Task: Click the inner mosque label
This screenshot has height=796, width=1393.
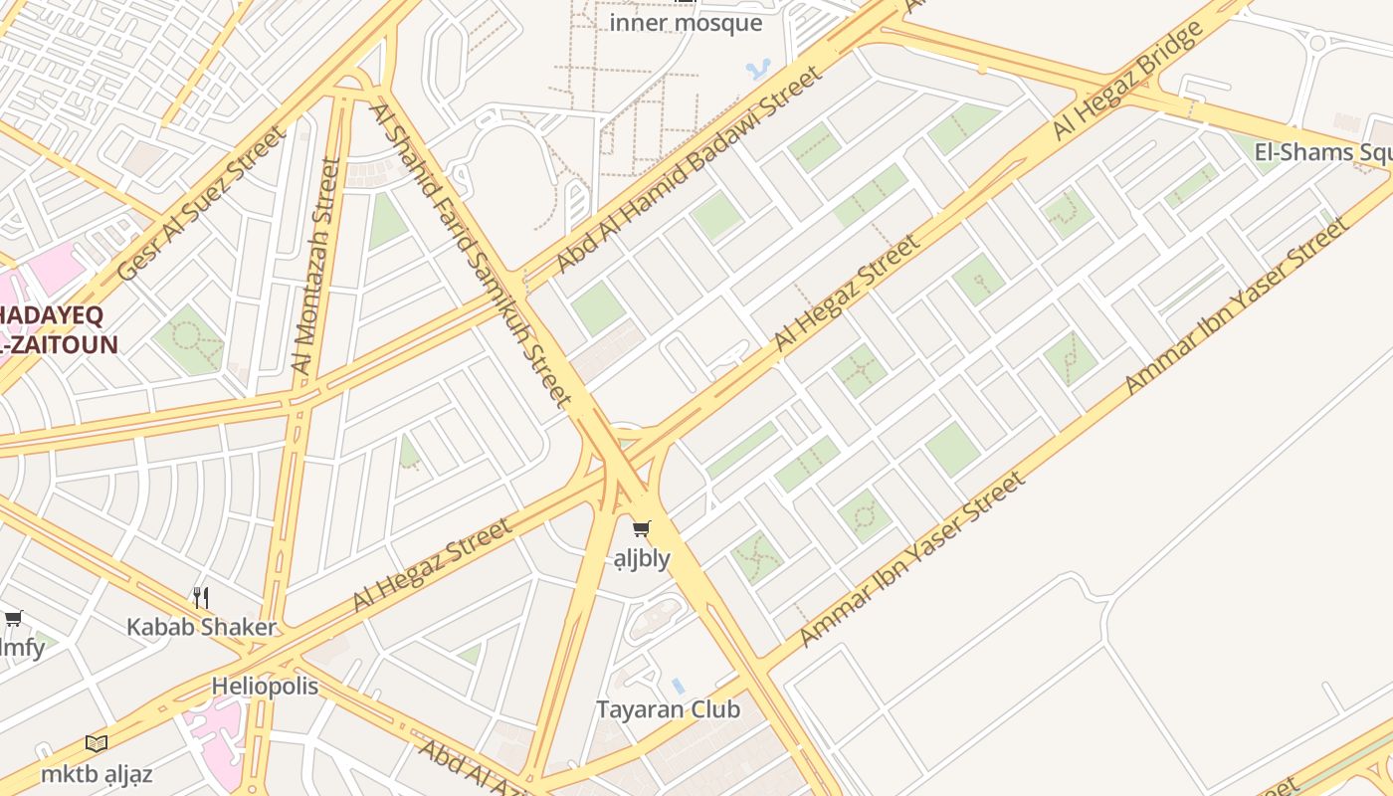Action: click(686, 23)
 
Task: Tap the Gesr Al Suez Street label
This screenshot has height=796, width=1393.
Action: click(201, 203)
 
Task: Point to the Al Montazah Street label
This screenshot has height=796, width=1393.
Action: click(316, 265)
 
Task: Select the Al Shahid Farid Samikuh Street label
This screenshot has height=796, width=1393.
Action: click(471, 254)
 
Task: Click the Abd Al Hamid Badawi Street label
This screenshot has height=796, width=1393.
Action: click(691, 169)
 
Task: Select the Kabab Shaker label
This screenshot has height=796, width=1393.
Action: click(201, 627)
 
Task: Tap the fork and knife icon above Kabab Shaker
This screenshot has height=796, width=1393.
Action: click(201, 597)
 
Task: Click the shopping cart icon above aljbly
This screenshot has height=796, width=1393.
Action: click(642, 529)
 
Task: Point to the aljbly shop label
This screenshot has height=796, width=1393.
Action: click(642, 558)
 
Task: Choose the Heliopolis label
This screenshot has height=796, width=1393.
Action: click(265, 687)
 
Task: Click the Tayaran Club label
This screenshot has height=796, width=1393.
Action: click(668, 709)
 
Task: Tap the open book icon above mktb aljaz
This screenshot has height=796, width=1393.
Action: click(97, 743)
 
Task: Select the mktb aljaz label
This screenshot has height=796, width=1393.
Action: click(97, 773)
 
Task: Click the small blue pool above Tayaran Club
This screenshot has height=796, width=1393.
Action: click(678, 686)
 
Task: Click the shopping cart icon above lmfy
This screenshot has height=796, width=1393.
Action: click(13, 619)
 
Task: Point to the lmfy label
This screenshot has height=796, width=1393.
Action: click(22, 649)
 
